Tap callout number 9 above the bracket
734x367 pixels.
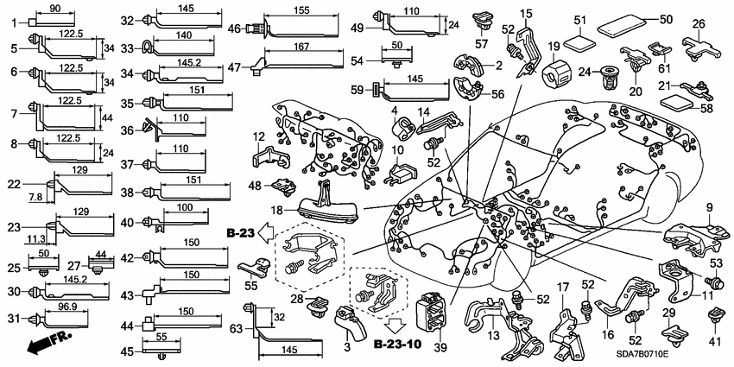coord(709,207)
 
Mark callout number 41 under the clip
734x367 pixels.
coord(712,342)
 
